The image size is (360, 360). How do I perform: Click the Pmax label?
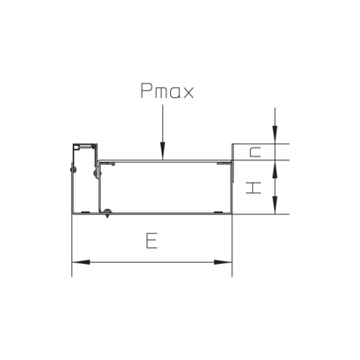[167, 91]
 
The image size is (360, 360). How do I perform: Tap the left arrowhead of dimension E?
[81, 262]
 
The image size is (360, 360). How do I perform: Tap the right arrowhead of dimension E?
[223, 262]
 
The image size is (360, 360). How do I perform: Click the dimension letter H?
[254, 188]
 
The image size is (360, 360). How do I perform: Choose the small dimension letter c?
[255, 152]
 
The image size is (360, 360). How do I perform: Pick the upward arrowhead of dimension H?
[274, 169]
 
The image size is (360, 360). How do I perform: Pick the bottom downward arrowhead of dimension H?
[274, 205]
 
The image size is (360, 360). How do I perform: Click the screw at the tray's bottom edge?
[107, 212]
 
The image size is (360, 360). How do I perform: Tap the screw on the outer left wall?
[71, 168]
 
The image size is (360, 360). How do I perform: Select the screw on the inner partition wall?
[96, 173]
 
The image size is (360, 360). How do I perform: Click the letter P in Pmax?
[147, 91]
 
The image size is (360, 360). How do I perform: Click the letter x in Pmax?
[188, 93]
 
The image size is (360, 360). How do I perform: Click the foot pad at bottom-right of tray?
[218, 212]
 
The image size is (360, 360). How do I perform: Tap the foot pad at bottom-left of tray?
[85, 212]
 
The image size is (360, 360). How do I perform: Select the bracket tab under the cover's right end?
[224, 163]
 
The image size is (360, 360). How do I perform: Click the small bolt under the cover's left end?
[112, 164]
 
